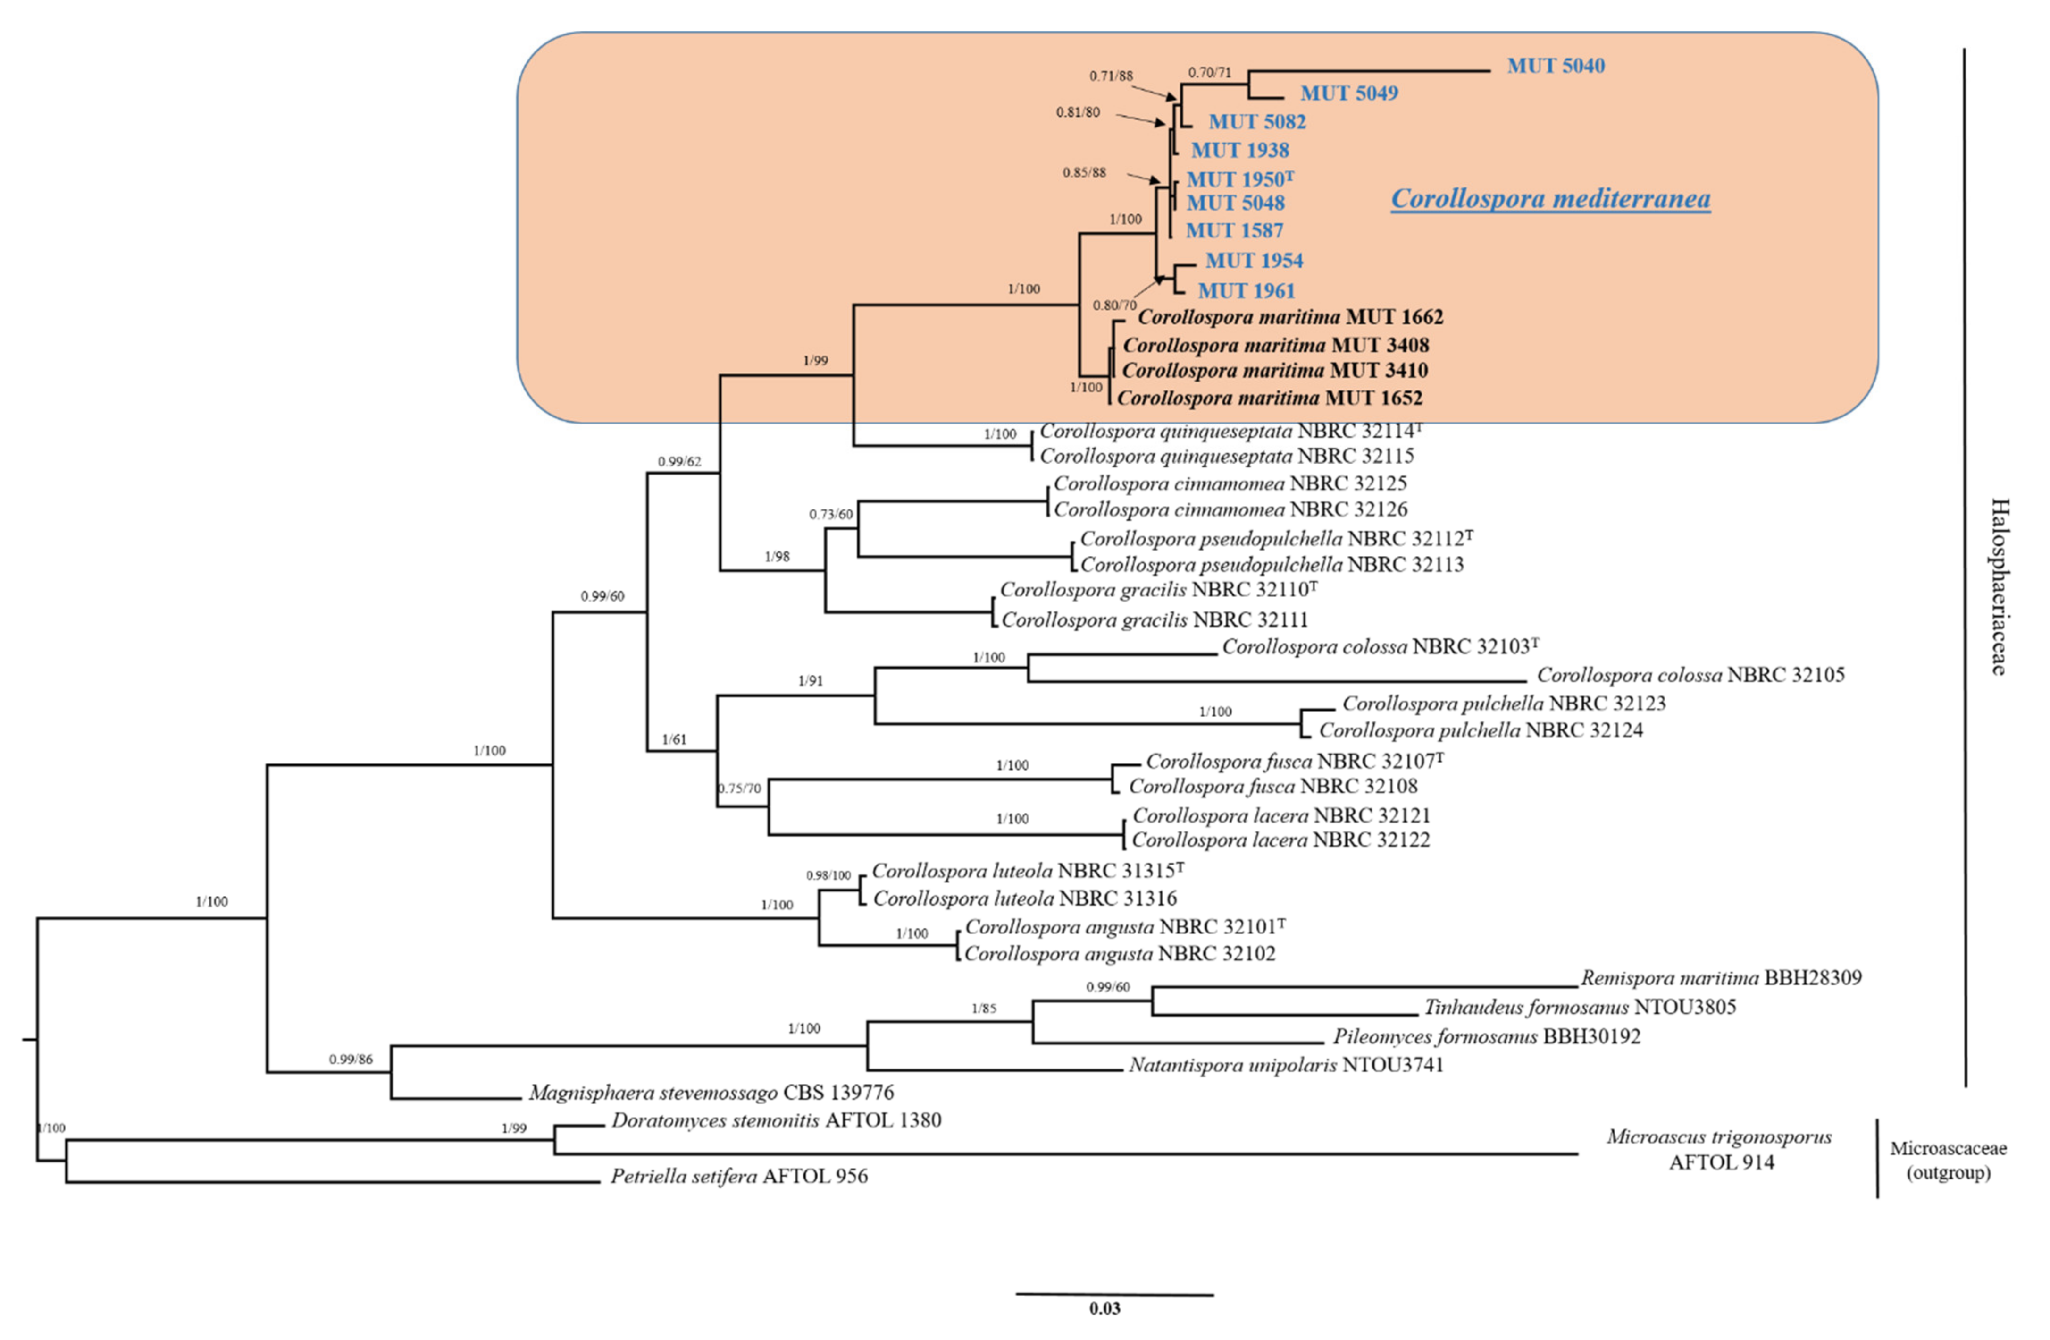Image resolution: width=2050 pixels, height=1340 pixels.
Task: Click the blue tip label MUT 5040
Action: coord(1556,66)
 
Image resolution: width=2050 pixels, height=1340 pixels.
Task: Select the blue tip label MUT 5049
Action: coord(1349,93)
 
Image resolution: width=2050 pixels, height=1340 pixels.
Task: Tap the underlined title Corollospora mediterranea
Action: coord(1550,199)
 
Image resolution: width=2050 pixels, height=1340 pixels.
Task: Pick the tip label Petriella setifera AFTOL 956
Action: coord(739,1176)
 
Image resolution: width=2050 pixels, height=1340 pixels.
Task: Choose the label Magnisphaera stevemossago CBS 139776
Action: coord(711,1093)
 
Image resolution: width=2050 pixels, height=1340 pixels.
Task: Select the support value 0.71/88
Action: coord(1111,76)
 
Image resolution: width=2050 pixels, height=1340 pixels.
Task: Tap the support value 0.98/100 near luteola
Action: coord(828,875)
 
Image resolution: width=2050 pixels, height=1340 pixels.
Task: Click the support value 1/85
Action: coord(984,1008)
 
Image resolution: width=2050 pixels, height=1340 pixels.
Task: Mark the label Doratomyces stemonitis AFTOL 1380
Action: coord(776,1121)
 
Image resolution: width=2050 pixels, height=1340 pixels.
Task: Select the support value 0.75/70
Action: coord(739,789)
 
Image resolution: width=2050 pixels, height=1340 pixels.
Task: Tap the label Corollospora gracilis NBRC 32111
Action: coord(1154,619)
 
